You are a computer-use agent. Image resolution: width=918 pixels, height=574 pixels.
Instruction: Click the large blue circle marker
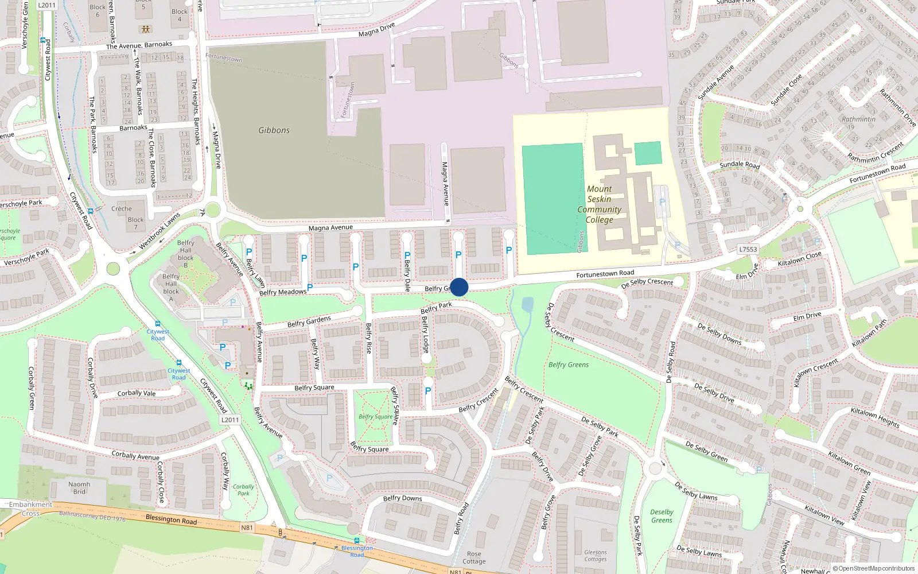tap(459, 287)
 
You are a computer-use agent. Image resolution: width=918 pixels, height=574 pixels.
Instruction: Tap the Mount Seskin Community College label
tap(600, 204)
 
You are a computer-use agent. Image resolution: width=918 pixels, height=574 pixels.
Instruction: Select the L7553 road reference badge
tap(748, 249)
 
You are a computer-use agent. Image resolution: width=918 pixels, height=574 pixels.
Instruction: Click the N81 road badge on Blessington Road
tap(247, 528)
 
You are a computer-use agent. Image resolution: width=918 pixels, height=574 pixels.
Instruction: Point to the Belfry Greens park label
tap(568, 364)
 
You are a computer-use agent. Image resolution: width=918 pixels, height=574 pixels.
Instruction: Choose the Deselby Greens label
tap(662, 516)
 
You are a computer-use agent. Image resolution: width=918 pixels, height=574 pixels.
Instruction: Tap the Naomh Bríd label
tap(79, 488)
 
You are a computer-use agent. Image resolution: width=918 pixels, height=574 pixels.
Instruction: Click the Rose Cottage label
tap(474, 558)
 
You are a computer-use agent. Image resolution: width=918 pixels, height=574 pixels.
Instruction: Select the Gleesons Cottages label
tap(596, 556)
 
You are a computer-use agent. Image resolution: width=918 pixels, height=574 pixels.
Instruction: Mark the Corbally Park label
tap(243, 490)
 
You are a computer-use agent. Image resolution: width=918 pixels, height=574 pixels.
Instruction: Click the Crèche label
tap(121, 208)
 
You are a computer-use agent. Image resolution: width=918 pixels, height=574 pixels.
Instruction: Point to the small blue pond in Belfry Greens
tap(527, 304)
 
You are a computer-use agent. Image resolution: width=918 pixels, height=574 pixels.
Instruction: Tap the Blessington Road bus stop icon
tap(357, 541)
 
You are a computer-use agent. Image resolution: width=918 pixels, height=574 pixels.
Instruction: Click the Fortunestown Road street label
tap(605, 274)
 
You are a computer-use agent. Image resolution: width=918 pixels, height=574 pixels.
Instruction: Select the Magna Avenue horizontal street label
tap(330, 228)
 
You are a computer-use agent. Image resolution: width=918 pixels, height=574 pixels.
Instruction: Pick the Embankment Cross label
tap(30, 509)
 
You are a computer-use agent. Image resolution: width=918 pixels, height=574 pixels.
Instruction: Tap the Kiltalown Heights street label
tap(874, 417)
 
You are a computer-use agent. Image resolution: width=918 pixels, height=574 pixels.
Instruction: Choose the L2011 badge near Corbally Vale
tap(229, 420)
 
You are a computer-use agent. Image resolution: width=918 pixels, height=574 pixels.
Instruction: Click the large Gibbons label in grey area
tap(274, 130)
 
